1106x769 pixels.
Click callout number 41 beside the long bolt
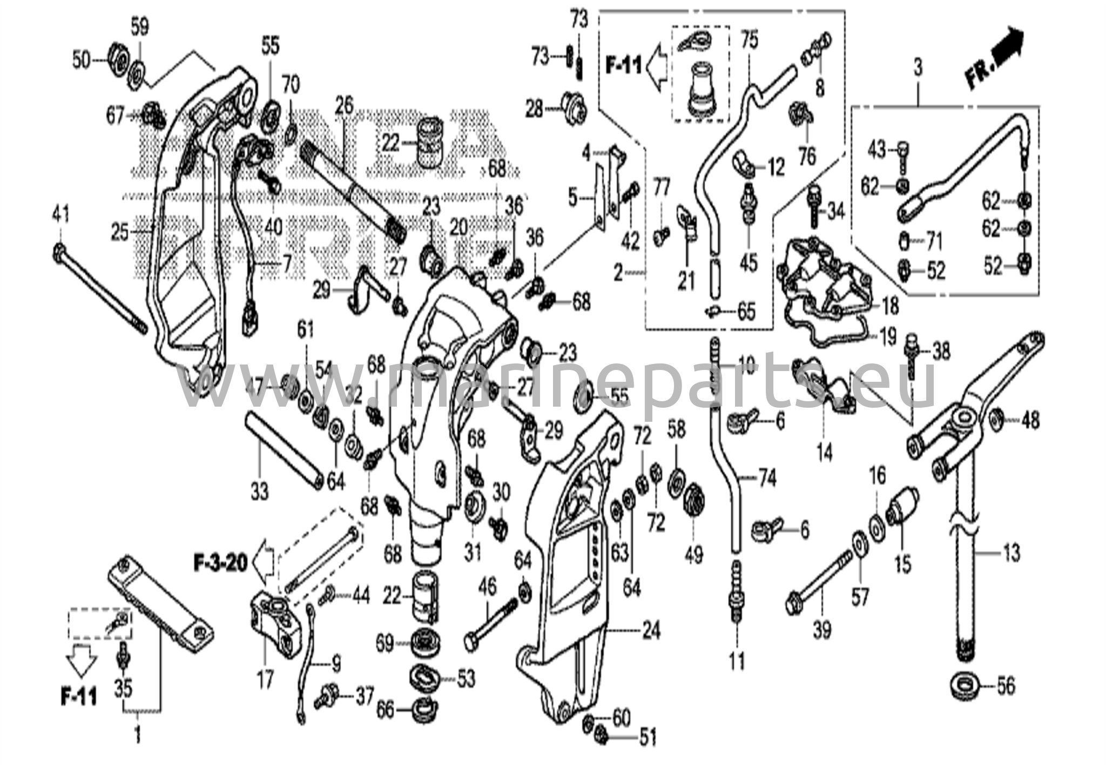point(60,215)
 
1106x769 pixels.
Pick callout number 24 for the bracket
point(652,630)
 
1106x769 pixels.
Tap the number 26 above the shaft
point(343,105)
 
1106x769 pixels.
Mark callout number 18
point(890,306)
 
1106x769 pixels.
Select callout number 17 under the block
point(265,679)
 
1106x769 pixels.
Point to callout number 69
point(385,643)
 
